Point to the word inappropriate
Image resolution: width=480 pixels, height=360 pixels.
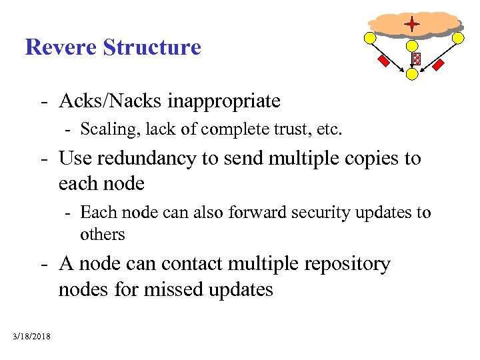[x=224, y=101]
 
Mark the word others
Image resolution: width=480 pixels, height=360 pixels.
[x=103, y=234]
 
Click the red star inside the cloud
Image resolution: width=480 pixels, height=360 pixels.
[x=412, y=25]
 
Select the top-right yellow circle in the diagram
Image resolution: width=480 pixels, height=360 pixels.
[x=459, y=38]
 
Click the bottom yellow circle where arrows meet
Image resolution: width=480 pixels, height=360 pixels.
[x=413, y=75]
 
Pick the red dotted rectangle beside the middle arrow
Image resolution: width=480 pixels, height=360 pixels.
[x=417, y=59]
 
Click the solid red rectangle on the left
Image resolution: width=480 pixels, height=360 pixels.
[x=384, y=61]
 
